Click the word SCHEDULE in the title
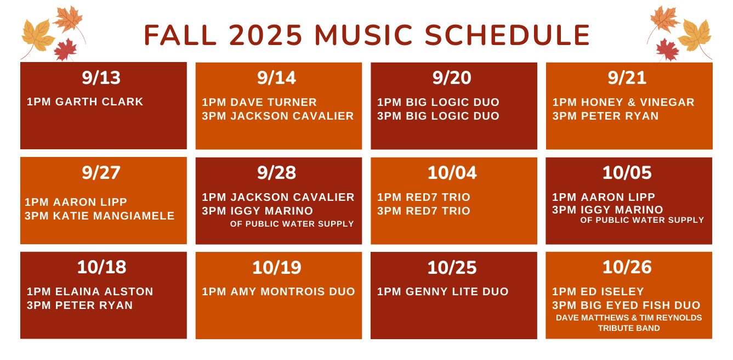(508, 35)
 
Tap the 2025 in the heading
(265, 35)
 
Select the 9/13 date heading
(101, 77)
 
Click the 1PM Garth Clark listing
(85, 102)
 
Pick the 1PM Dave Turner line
(259, 102)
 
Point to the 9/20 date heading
(452, 77)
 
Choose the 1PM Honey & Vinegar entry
(623, 102)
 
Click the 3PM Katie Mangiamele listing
(99, 216)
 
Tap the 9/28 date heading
(276, 173)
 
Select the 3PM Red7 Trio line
(423, 211)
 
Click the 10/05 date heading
(627, 173)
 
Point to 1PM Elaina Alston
(90, 291)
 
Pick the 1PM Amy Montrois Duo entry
(279, 291)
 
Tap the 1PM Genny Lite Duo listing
(443, 291)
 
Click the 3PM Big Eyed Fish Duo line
(626, 305)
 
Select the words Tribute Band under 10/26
(629, 328)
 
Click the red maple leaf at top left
(65, 50)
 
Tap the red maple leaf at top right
(667, 50)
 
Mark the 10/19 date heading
(276, 267)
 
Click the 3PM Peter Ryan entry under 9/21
(605, 116)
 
